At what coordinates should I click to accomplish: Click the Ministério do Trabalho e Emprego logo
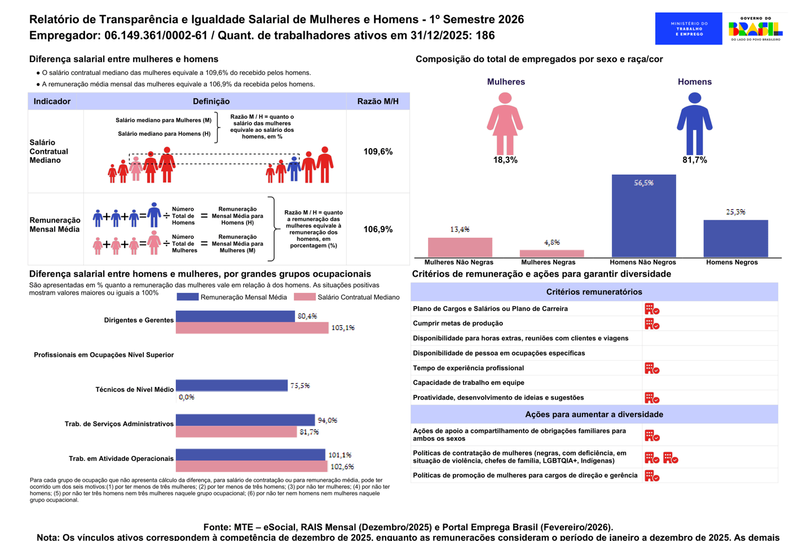click(x=689, y=29)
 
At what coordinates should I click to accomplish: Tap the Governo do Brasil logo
click(x=755, y=29)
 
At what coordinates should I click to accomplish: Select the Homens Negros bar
click(x=735, y=238)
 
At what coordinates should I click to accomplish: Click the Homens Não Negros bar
click(x=643, y=216)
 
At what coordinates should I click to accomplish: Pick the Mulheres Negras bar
click(x=551, y=254)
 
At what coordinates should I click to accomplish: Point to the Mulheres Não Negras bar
click(x=460, y=247)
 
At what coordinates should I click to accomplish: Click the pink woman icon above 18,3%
click(x=505, y=123)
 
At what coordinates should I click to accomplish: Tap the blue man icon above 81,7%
click(x=694, y=123)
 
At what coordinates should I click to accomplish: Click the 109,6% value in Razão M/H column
click(x=378, y=152)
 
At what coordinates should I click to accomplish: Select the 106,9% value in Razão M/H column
click(x=378, y=229)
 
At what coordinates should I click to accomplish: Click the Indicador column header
click(x=52, y=101)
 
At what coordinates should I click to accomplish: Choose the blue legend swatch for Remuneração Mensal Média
click(x=187, y=297)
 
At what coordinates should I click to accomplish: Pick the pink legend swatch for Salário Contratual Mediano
click(x=304, y=297)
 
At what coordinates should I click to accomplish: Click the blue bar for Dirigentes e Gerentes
click(x=235, y=316)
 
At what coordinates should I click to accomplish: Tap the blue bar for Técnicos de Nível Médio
click(x=231, y=385)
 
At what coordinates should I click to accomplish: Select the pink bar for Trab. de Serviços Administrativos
click(x=236, y=432)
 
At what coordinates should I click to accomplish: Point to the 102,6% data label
click(x=342, y=467)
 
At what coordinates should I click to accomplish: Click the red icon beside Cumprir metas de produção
click(x=652, y=323)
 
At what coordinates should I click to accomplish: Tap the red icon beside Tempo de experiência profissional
click(x=652, y=368)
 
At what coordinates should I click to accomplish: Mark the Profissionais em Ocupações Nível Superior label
click(x=104, y=355)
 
